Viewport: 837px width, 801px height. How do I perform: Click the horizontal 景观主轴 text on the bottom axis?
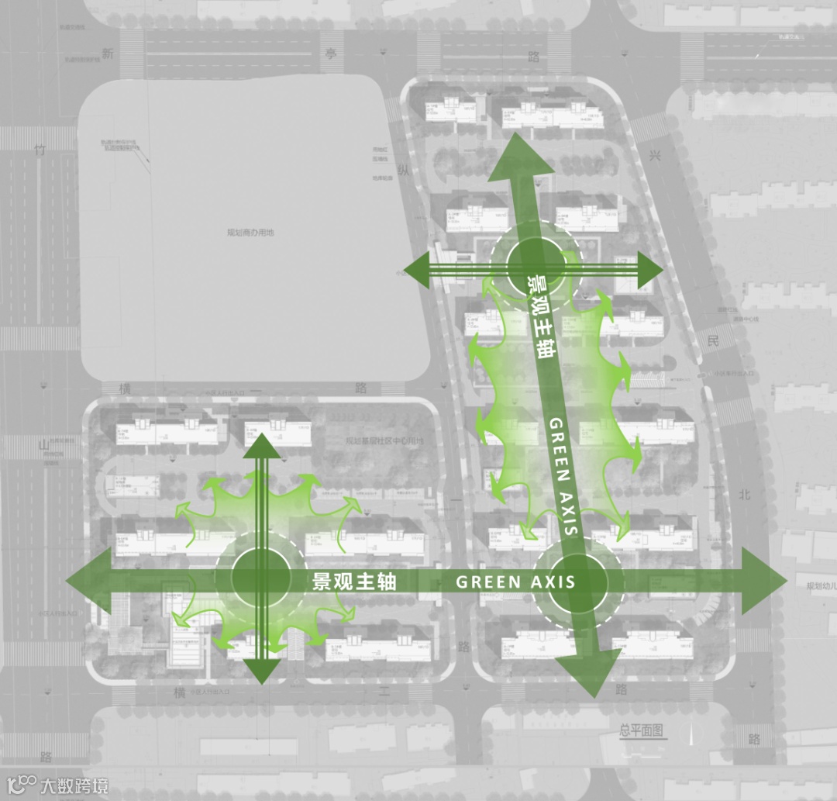pos(354,582)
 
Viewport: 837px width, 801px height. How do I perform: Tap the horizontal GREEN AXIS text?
pos(515,582)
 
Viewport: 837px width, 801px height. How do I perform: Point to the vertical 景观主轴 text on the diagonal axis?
pos(541,319)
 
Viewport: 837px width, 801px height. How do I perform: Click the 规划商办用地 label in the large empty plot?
pos(250,232)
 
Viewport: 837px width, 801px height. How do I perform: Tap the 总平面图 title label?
pos(642,730)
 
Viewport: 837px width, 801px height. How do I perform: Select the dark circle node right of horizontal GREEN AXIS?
pos(577,582)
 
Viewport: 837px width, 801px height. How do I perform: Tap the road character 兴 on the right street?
pos(656,157)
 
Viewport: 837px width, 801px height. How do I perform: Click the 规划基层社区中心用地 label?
pos(385,441)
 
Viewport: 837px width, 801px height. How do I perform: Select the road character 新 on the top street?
pos(108,54)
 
